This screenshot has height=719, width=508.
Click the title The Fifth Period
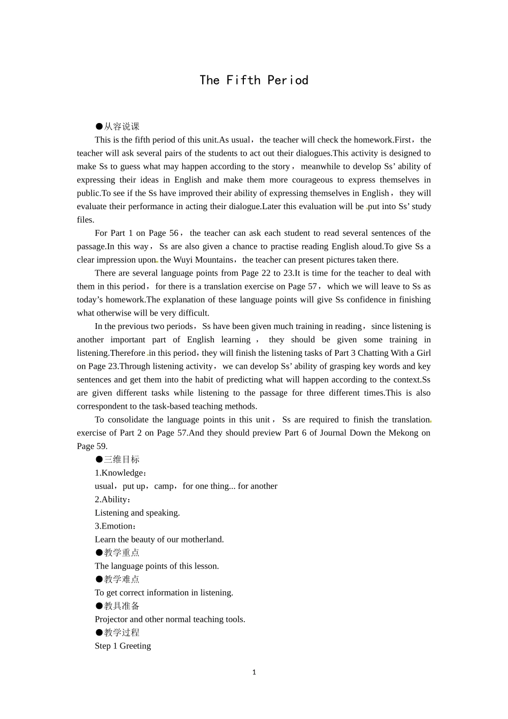coord(254,80)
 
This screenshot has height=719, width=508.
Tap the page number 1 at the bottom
coord(254,672)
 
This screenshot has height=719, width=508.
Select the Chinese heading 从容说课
coord(121,127)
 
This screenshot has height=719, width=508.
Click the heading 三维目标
coord(121,460)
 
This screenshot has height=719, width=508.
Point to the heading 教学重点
coord(121,553)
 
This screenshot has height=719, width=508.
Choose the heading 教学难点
coord(121,579)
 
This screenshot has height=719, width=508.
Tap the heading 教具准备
coord(121,606)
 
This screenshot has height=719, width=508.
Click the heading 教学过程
coord(121,633)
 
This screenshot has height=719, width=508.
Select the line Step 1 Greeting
coord(123,646)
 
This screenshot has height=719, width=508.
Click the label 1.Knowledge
coord(119,473)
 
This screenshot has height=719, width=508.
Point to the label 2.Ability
coord(112,500)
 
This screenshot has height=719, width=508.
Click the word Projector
coord(111,619)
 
